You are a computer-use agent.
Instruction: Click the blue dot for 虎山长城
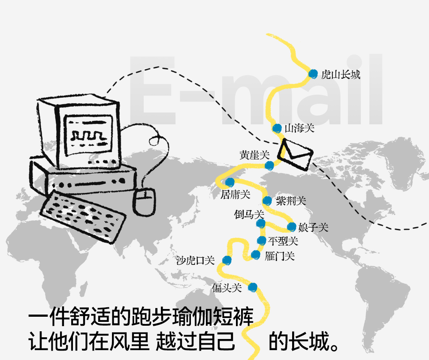(x=313, y=74)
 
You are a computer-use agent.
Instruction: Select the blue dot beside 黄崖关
(x=269, y=166)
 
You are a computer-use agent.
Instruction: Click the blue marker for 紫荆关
(x=267, y=200)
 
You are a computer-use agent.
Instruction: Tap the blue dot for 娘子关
(x=292, y=227)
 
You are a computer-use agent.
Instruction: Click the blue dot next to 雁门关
(x=256, y=255)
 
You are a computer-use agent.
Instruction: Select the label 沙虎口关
(x=196, y=260)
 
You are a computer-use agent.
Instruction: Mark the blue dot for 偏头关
(x=252, y=287)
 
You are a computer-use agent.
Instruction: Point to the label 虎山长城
(x=341, y=75)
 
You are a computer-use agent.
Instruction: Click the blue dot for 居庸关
(x=230, y=182)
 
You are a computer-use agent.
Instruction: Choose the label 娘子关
(x=313, y=228)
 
